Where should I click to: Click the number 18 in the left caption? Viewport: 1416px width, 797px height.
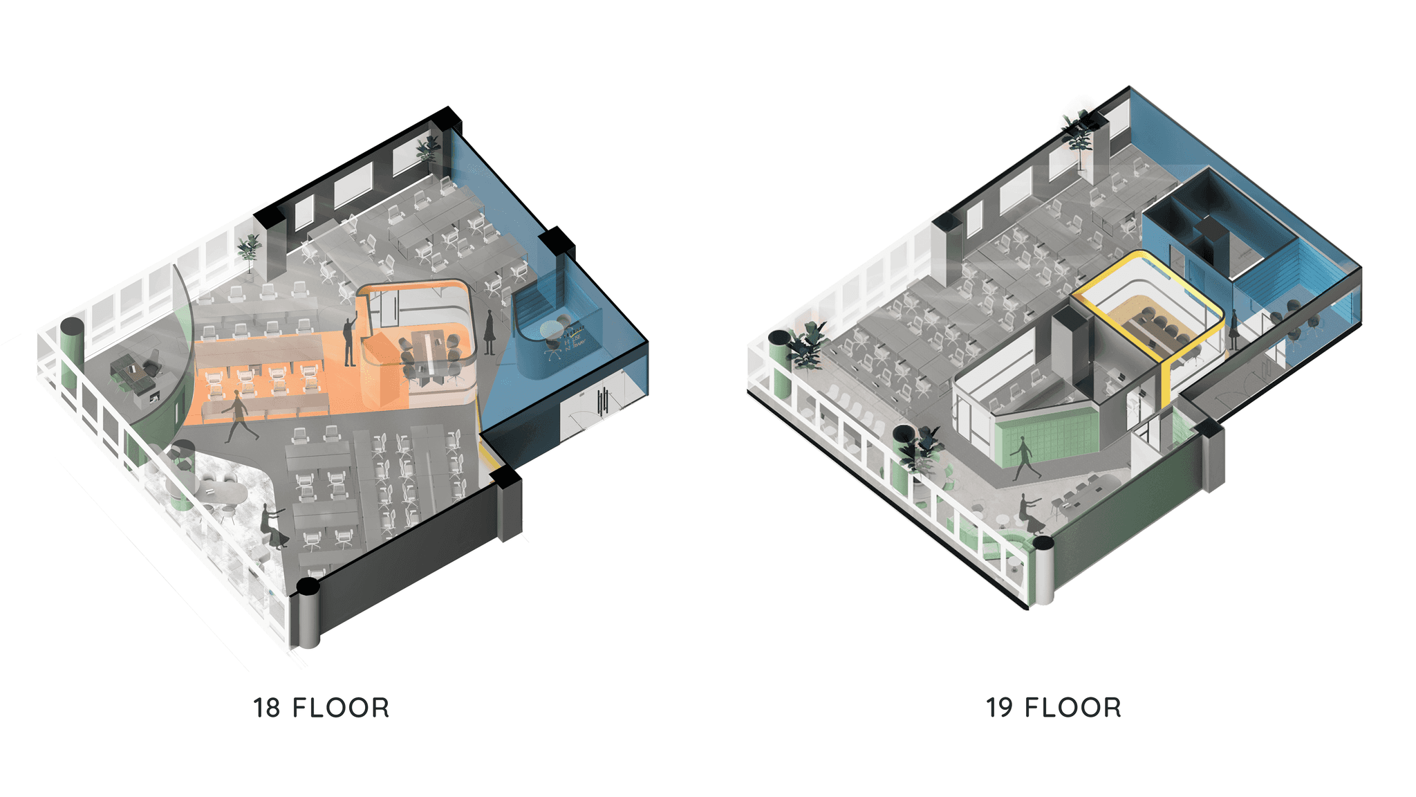pos(266,708)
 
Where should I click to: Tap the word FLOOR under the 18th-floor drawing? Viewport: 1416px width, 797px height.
pos(341,708)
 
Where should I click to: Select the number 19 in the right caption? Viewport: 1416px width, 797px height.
pos(999,708)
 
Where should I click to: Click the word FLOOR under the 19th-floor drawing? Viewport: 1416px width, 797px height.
pos(1073,708)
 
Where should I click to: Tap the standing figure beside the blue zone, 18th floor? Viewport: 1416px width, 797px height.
pos(490,332)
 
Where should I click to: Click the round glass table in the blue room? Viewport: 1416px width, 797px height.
pos(551,329)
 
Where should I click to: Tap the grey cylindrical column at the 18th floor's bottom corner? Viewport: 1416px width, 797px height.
pos(308,613)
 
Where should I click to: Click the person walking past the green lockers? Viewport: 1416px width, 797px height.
pos(1025,459)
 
